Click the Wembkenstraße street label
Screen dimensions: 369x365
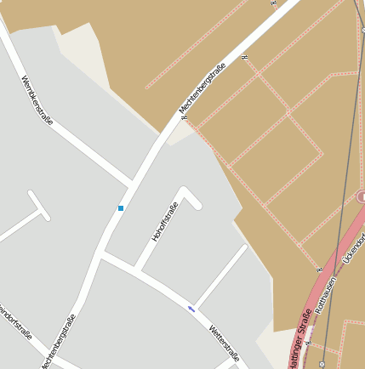pyautogui.click(x=37, y=100)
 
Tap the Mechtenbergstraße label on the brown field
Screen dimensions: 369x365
pyautogui.click(x=202, y=89)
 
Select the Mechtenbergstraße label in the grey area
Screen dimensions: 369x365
pyautogui.click(x=57, y=341)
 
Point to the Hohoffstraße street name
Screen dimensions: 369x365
pyautogui.click(x=165, y=222)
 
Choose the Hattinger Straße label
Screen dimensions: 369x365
pyautogui.click(x=299, y=340)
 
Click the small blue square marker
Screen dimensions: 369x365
pyautogui.click(x=121, y=207)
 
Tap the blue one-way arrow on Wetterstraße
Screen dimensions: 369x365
pyautogui.click(x=192, y=309)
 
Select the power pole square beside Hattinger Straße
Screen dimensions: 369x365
pyautogui.click(x=322, y=363)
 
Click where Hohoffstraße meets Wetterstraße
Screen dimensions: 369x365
pyautogui.click(x=137, y=272)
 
